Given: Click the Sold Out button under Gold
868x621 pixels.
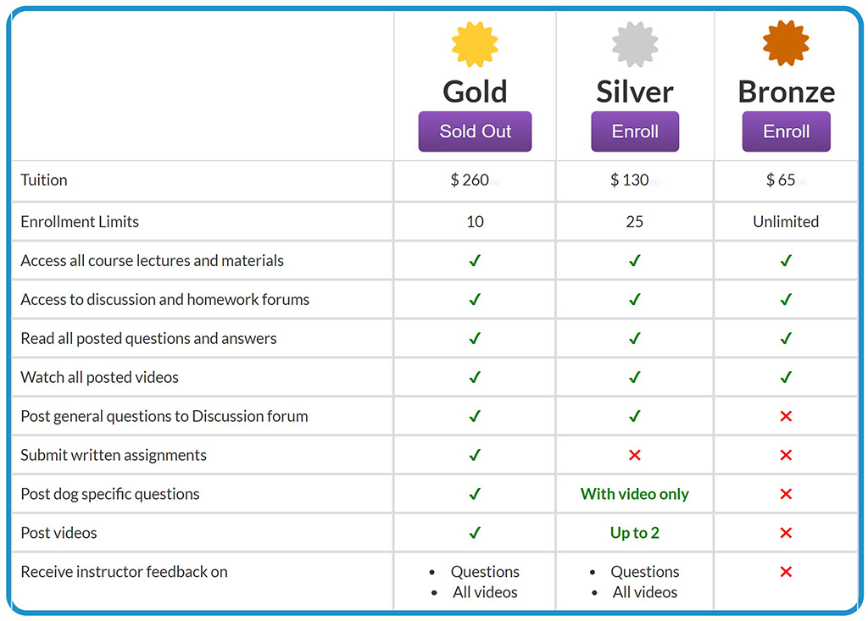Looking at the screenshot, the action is [475, 131].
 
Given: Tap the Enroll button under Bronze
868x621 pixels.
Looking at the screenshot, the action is [786, 131].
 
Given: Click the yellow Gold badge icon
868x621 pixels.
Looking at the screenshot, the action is [475, 44].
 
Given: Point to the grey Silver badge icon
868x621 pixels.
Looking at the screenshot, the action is [635, 44].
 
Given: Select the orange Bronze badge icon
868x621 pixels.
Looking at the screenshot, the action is [786, 43].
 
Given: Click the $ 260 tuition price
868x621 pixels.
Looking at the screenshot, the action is [470, 180].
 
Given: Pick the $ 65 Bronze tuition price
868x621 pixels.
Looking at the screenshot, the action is [781, 180].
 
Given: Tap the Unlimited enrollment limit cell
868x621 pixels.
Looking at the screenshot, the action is [786, 221].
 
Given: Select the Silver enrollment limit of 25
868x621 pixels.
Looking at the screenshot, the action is [635, 221].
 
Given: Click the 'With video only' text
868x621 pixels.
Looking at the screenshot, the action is [635, 494].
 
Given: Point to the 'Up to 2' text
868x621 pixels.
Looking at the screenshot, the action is [635, 532].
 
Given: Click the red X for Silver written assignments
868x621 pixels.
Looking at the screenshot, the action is [635, 455].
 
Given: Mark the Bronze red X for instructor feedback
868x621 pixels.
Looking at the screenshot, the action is [786, 572].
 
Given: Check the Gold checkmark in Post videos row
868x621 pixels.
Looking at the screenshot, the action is [475, 532].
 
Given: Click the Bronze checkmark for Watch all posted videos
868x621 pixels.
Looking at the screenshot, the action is [786, 377].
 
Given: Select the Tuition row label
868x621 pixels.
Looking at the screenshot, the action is [44, 180].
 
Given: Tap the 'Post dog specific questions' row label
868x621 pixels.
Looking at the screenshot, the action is [110, 494].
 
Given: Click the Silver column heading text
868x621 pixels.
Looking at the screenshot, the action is [635, 91].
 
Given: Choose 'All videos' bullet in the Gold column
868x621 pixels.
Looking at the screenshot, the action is [485, 592].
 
